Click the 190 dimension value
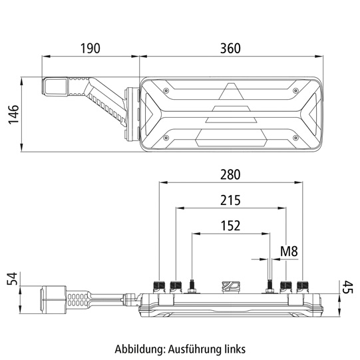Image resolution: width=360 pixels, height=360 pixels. click(x=90, y=49)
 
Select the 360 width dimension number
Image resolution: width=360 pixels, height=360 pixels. click(x=230, y=49)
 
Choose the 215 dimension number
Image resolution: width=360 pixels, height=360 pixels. click(x=230, y=200)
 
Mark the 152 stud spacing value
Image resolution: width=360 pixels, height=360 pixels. click(x=230, y=226)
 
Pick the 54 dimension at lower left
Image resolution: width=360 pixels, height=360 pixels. click(x=11, y=278)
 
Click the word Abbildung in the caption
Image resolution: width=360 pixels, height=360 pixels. click(x=138, y=348)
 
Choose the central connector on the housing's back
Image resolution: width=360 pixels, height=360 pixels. click(x=229, y=287)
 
